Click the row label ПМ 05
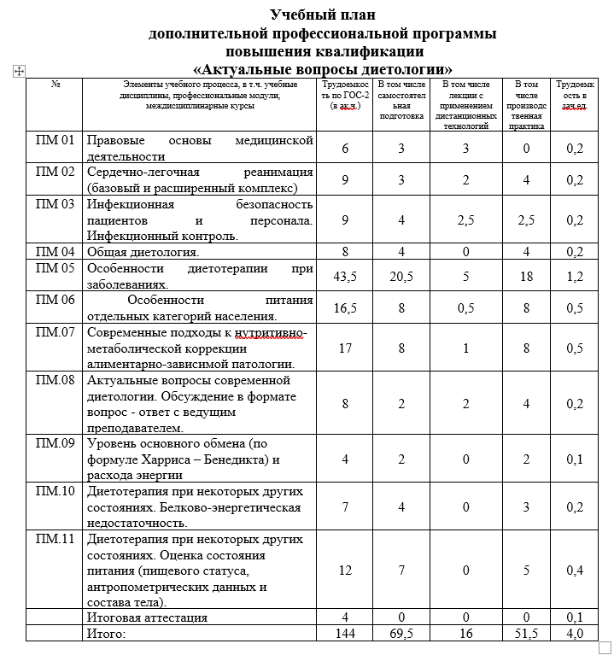click(56, 268)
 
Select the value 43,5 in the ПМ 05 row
click(345, 277)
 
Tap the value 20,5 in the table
click(401, 277)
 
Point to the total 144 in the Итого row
click(345, 633)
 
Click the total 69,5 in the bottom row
click(401, 633)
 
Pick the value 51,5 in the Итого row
click(526, 633)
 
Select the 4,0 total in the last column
click(575, 633)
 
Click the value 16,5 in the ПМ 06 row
click(345, 308)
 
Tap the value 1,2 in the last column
click(575, 277)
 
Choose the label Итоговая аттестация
click(147, 617)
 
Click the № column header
click(56, 84)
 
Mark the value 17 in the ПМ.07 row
click(345, 348)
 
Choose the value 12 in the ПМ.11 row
click(345, 570)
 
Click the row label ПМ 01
click(56, 140)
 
